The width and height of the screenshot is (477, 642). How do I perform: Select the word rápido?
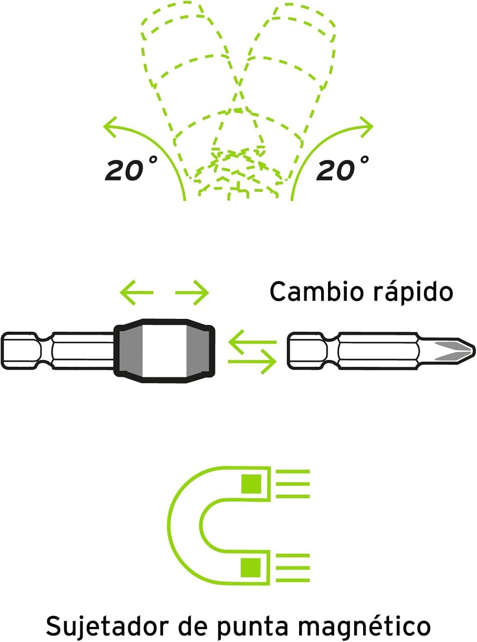click(x=413, y=292)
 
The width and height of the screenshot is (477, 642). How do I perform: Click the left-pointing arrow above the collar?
click(x=137, y=292)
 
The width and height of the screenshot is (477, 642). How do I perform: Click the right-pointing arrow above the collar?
click(x=192, y=292)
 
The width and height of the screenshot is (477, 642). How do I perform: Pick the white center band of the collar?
click(x=164, y=351)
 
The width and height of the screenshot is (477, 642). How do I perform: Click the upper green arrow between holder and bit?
click(x=252, y=342)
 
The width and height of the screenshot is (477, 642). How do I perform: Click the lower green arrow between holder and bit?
click(x=252, y=362)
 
